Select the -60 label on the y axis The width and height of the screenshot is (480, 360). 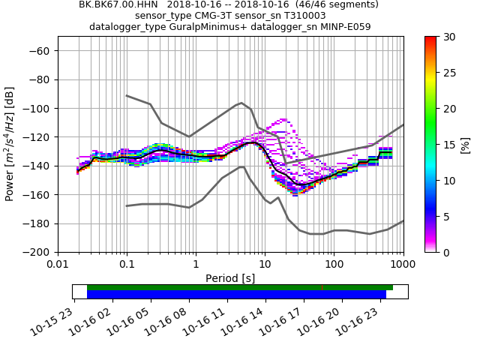click(x=39, y=50)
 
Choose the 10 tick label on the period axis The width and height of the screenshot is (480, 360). click(x=265, y=265)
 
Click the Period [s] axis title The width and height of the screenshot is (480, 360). click(x=230, y=278)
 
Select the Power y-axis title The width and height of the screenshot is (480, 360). click(x=10, y=144)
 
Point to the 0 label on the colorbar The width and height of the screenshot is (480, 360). click(x=443, y=252)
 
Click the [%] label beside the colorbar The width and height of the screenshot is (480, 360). click(x=465, y=144)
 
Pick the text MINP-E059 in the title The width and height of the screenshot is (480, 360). click(x=344, y=27)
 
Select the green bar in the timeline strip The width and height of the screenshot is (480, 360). click(x=240, y=287)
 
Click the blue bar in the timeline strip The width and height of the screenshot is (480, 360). click(x=236, y=295)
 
